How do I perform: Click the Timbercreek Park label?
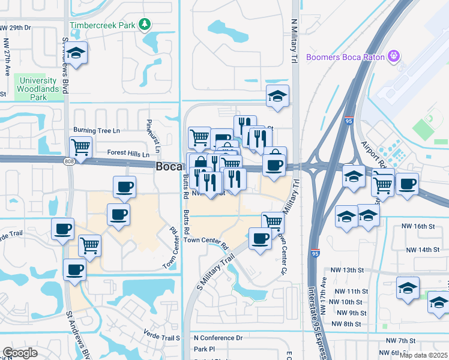pos(102,25)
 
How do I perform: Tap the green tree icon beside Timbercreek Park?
pos(144,25)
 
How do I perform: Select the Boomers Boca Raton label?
pos(345,57)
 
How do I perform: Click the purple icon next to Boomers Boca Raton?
pos(394,57)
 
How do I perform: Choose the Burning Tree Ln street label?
pos(97,130)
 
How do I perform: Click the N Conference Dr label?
pos(218,338)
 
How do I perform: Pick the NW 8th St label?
pos(349,324)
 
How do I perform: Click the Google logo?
pos(20,352)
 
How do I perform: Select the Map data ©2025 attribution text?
pos(423,355)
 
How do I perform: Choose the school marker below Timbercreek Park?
pos(76,54)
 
